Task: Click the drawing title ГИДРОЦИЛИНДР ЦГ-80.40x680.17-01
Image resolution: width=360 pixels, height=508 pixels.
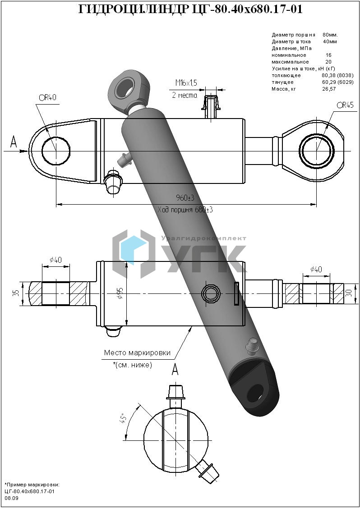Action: pos(190,9)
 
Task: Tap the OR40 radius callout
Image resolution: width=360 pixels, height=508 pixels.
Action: pos(48,98)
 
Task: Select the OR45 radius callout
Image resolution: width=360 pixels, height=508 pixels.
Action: pos(345,105)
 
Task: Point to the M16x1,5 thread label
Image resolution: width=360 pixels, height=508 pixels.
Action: pos(186,83)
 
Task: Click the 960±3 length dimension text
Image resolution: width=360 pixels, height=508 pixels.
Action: pos(185,198)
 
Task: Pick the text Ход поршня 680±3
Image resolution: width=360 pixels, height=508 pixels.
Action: pos(185,210)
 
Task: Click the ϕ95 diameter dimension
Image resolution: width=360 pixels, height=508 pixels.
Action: pos(120,293)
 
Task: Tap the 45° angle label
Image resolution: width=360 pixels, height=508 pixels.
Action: pos(124,421)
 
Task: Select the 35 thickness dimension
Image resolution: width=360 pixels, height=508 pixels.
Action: pos(17,293)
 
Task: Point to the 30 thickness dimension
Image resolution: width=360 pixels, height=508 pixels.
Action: pos(349,293)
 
